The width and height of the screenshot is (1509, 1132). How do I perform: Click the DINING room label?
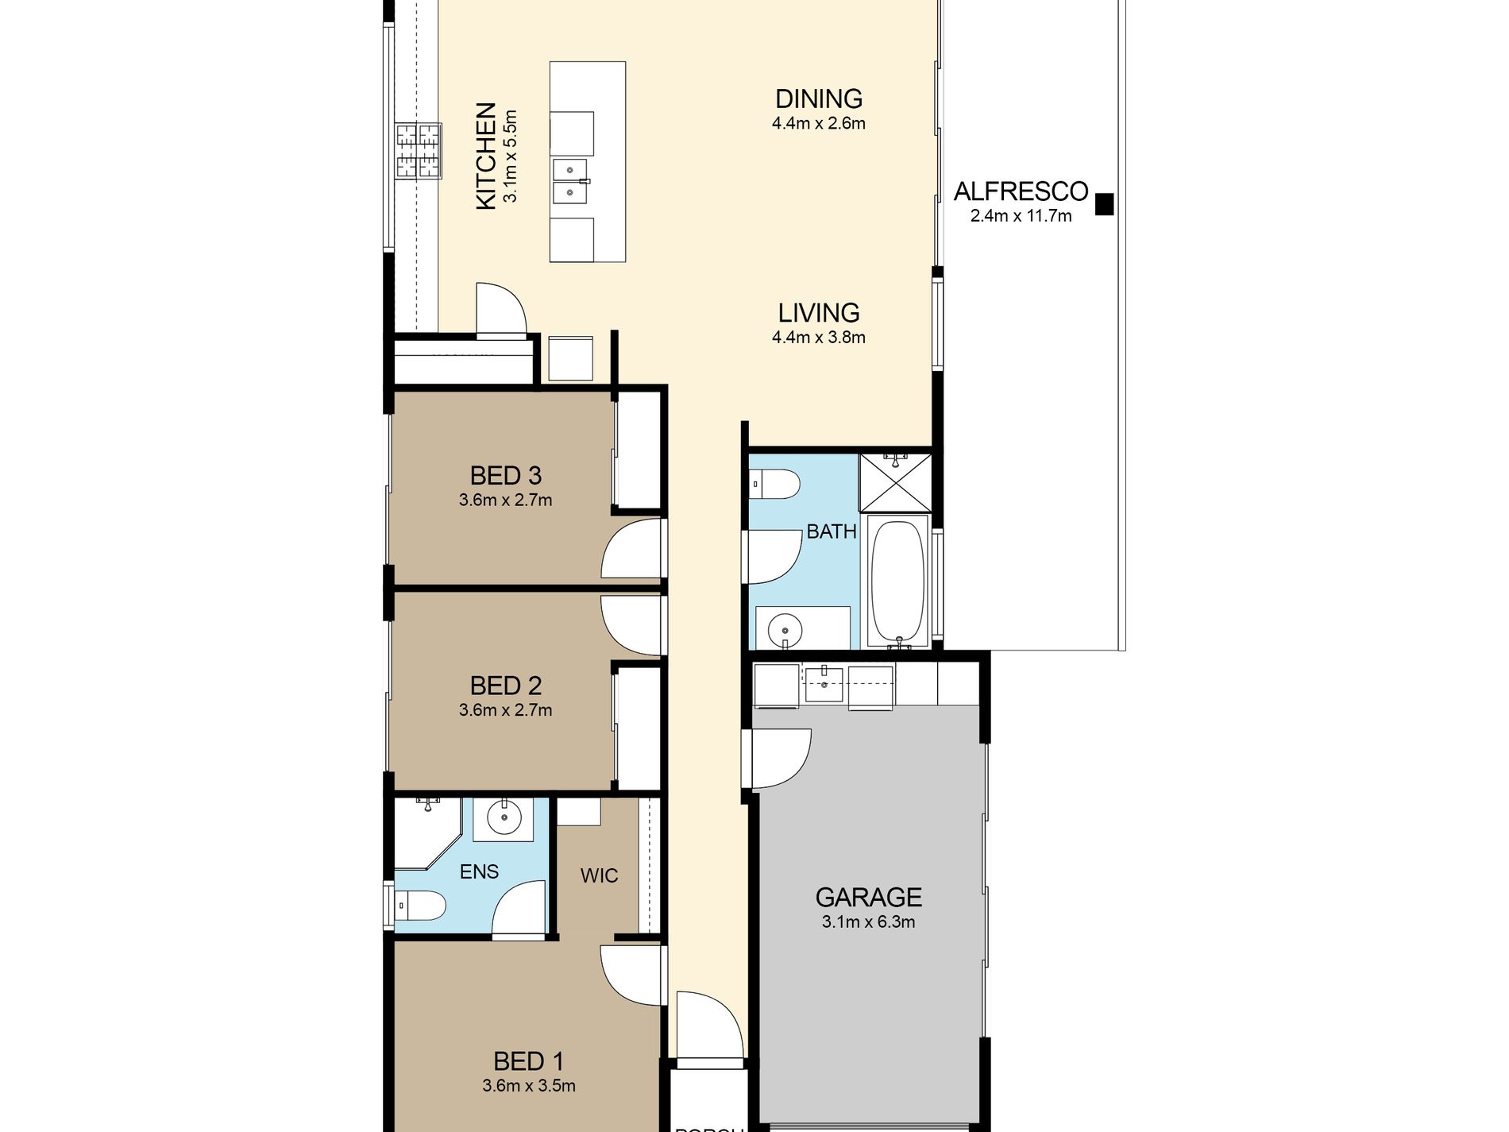(x=818, y=99)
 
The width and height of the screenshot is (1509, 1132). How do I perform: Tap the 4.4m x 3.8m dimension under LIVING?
(x=818, y=338)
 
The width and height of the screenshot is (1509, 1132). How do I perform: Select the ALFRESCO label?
(x=1021, y=191)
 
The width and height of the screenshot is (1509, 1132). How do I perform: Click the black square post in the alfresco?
(x=1104, y=204)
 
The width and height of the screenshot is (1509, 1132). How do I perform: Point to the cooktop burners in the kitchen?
(x=419, y=150)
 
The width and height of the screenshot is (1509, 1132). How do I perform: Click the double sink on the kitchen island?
(x=570, y=181)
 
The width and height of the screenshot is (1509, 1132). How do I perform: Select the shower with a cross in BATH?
(x=895, y=482)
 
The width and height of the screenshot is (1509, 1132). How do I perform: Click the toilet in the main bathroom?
(x=774, y=484)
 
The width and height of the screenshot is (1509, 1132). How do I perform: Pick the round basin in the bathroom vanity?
(x=785, y=632)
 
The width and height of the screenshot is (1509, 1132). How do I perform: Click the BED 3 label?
(x=505, y=476)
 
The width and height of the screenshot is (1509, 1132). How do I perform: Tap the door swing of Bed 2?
(x=629, y=624)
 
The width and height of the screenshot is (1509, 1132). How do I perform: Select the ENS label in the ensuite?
(x=479, y=872)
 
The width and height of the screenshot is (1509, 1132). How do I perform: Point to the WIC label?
(x=599, y=876)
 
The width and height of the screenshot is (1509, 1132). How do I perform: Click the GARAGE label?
(x=868, y=898)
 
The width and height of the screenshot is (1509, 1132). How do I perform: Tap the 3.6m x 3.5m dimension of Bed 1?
(x=528, y=1086)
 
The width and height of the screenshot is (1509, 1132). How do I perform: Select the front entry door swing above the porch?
(x=707, y=1025)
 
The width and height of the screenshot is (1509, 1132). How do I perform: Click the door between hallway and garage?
(x=778, y=759)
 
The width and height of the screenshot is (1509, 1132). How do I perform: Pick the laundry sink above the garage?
(x=824, y=685)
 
